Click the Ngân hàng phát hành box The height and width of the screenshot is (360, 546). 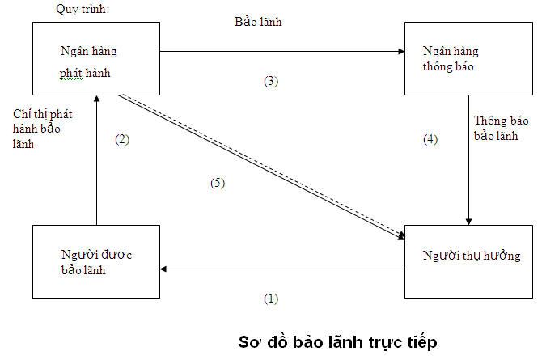(x=96, y=58)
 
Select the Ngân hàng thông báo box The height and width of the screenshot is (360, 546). (x=468, y=58)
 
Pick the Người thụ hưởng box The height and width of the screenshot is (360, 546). (x=468, y=257)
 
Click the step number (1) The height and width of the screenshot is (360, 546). (x=271, y=299)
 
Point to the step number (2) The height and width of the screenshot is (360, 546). (x=122, y=139)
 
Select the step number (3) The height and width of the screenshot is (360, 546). (x=271, y=81)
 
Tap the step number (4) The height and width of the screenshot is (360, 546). (x=430, y=139)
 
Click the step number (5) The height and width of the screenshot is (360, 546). (x=216, y=183)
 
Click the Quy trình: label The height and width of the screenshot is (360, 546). (x=81, y=10)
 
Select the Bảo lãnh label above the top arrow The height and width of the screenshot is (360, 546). (x=258, y=23)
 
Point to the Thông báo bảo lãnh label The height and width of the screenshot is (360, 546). (x=502, y=128)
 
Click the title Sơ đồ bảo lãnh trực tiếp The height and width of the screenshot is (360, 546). (x=337, y=340)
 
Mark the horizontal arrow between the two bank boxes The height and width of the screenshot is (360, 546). (x=283, y=52)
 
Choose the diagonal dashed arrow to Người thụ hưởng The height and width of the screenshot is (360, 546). (x=259, y=165)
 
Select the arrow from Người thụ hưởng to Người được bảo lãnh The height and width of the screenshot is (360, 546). (x=283, y=269)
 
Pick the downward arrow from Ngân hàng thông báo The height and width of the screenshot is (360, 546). (x=468, y=162)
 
